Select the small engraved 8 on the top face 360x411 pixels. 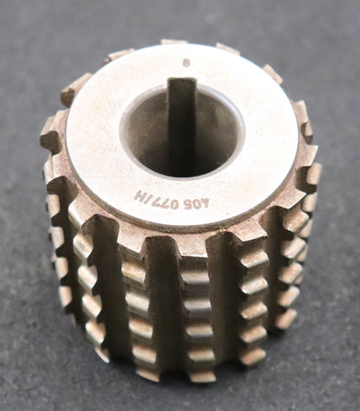[184, 62]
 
